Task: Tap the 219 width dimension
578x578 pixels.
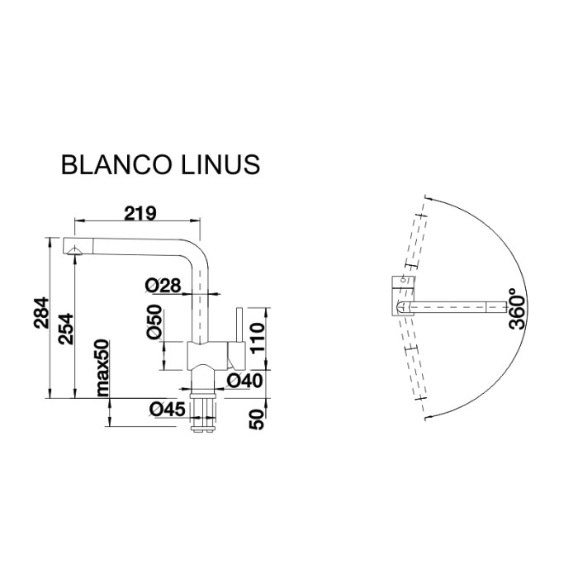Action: click(140, 212)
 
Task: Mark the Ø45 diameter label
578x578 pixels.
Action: click(167, 408)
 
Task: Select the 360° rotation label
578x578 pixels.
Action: click(518, 310)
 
